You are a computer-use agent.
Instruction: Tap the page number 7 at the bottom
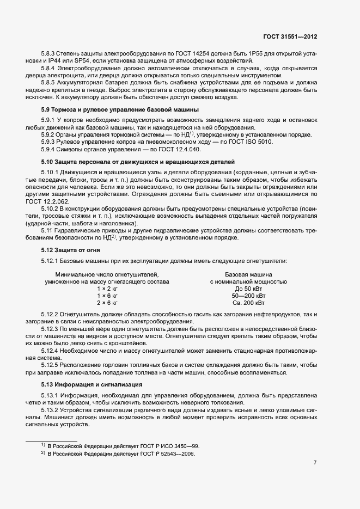click(315, 463)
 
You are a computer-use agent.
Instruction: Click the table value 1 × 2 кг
click(107, 289)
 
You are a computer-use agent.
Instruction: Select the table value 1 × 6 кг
click(107, 296)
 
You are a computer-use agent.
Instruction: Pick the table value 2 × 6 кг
click(107, 302)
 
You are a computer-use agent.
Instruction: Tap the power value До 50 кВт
click(248, 289)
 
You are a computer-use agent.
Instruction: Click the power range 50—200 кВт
click(248, 296)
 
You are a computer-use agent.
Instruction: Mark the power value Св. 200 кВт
click(248, 302)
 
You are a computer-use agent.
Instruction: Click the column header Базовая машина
click(248, 275)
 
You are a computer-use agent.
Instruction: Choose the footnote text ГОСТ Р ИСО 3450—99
click(169, 446)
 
